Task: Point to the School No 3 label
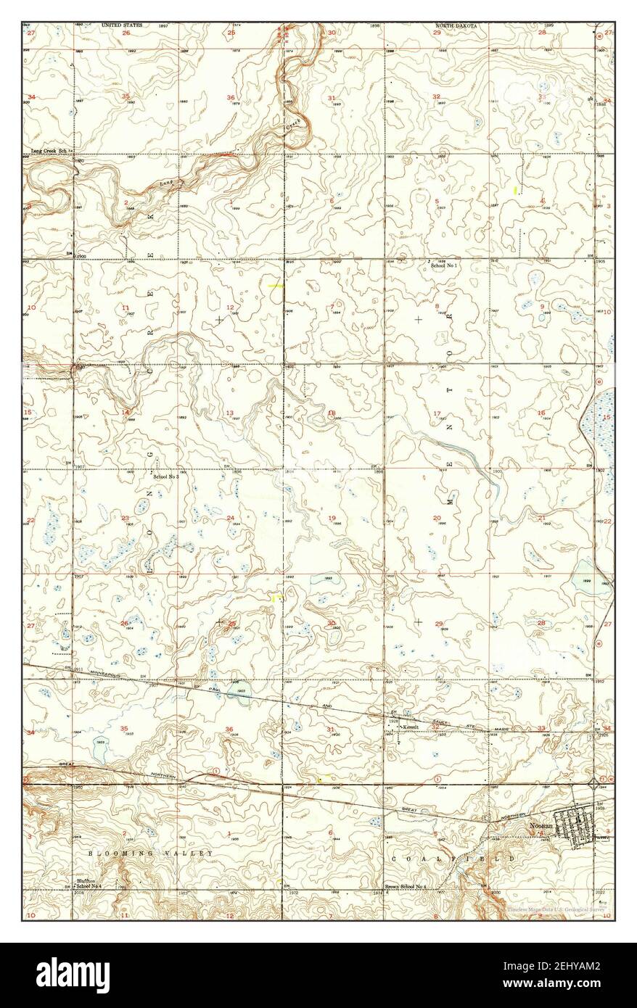pos(165,476)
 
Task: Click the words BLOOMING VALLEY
pos(150,854)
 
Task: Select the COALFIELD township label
pos(453,858)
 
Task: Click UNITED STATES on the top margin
pos(122,25)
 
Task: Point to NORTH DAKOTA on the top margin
pos(456,25)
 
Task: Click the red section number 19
pos(332,518)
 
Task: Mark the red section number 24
pos(230,518)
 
